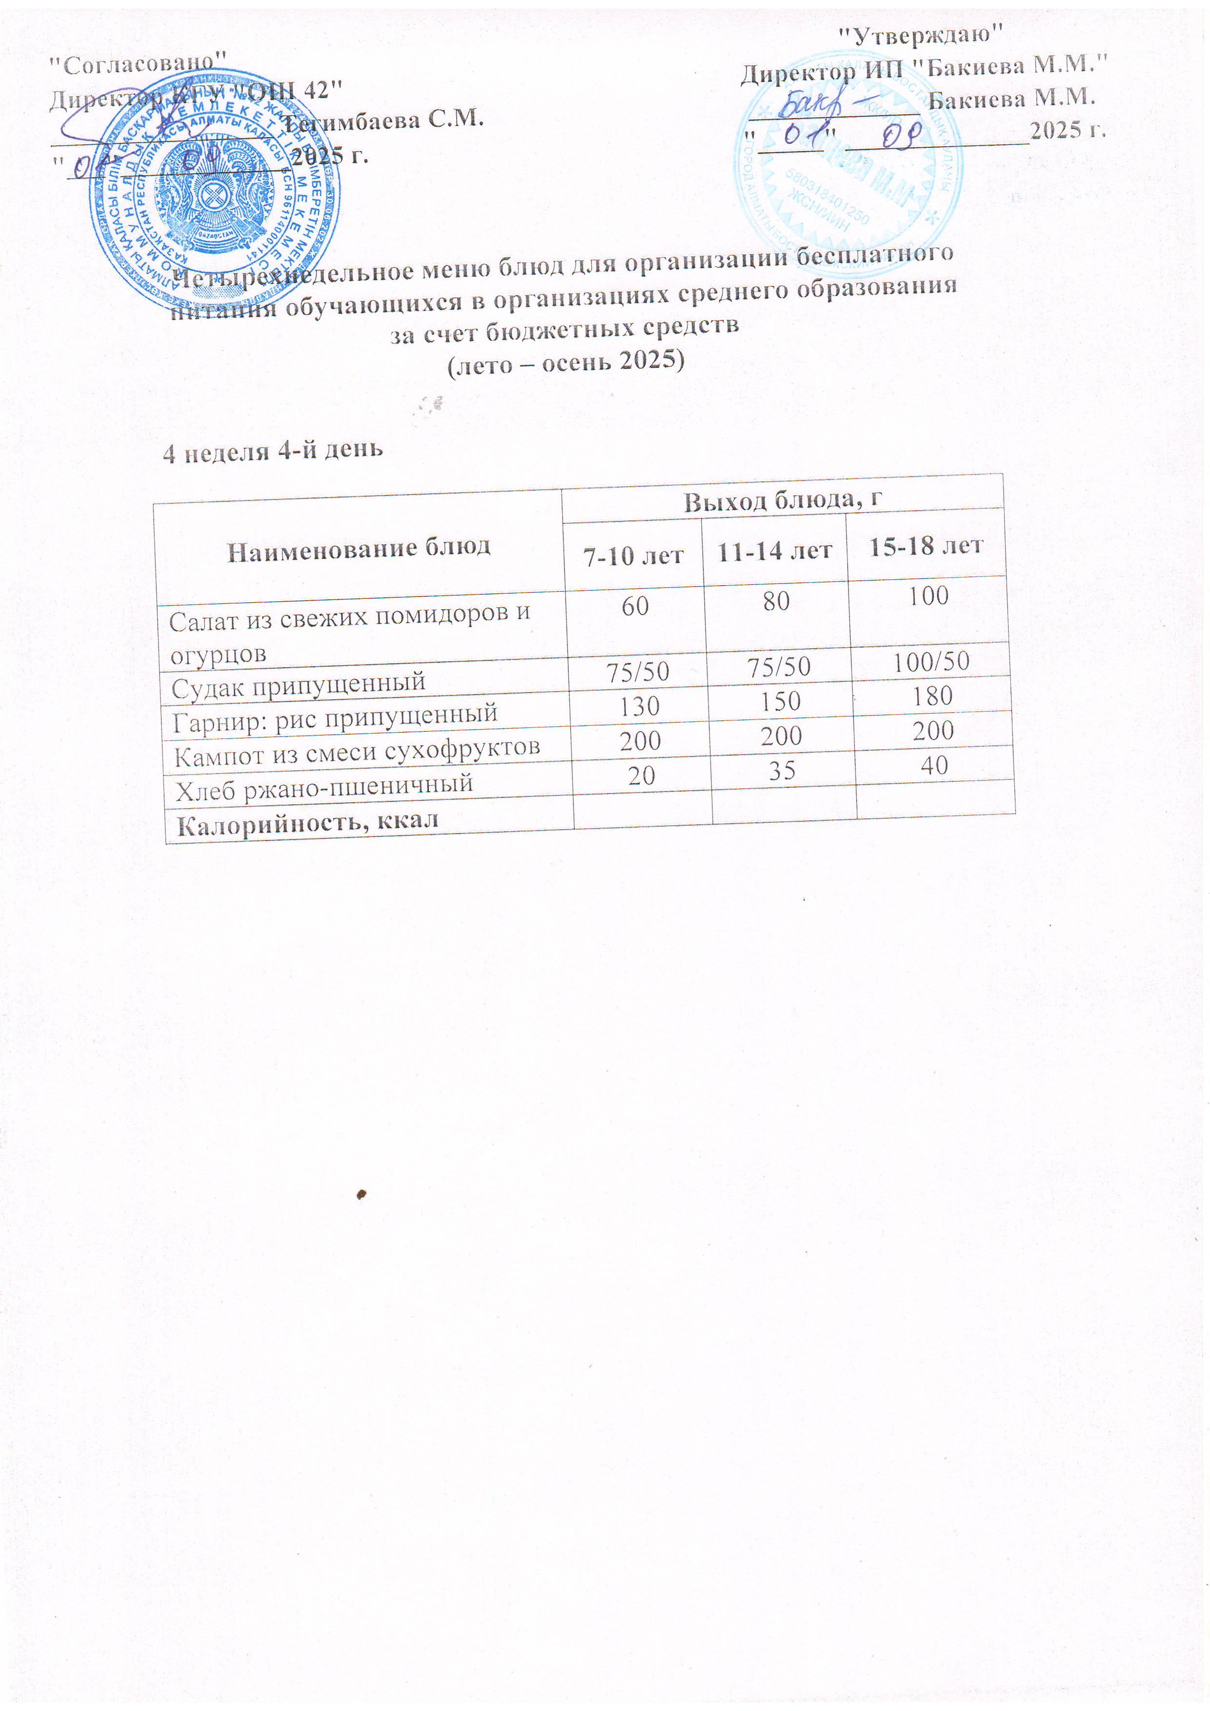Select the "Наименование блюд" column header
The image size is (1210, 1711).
359,549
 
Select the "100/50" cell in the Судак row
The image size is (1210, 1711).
931,661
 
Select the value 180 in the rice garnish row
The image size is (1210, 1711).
933,696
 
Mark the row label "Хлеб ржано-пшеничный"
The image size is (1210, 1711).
324,787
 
